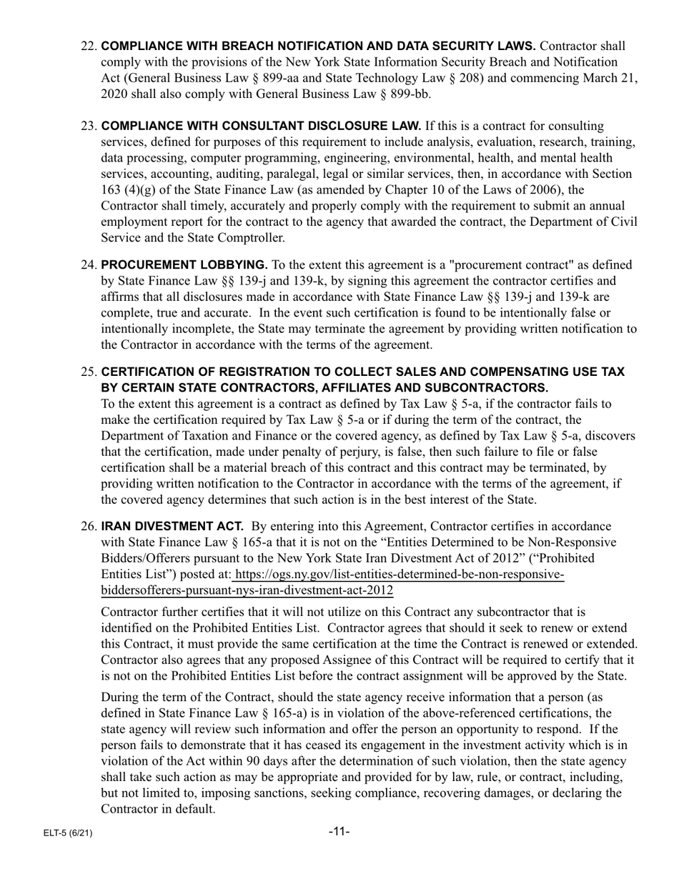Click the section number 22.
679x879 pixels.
89,46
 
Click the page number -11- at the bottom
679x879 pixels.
339,831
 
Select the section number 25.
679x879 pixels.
89,372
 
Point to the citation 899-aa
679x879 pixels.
388,78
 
